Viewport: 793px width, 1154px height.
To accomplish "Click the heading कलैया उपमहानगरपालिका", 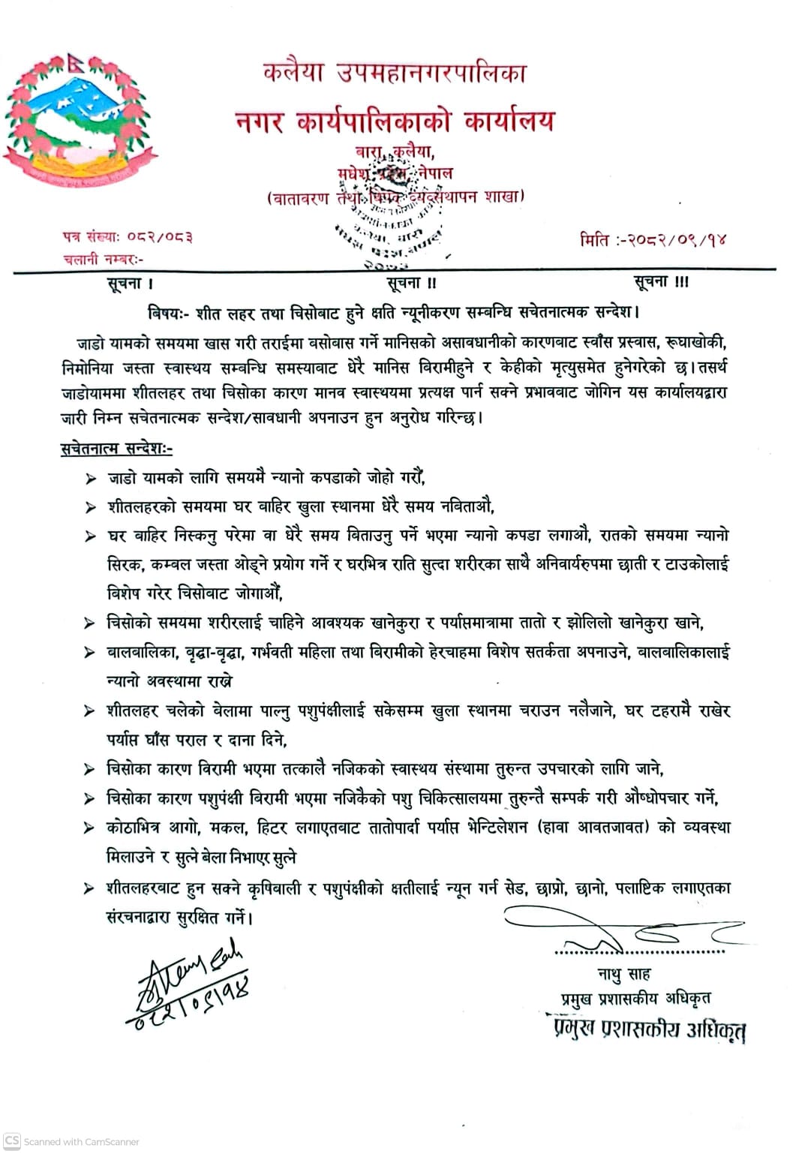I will pyautogui.click(x=395, y=72).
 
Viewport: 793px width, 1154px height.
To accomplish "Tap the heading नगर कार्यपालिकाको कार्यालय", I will pyautogui.click(x=395, y=120).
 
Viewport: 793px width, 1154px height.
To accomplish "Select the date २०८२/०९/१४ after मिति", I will pyautogui.click(x=676, y=240).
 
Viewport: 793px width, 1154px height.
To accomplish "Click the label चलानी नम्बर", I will pyautogui.click(x=103, y=259).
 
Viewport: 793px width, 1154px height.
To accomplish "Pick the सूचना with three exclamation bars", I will pyautogui.click(x=661, y=281).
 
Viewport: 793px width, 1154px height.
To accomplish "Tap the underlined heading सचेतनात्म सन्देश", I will pyautogui.click(x=116, y=449).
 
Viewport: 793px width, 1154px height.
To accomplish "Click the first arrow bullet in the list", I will pyautogui.click(x=91, y=478).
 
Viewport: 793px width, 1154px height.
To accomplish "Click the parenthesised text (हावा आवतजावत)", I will pyautogui.click(x=593, y=827).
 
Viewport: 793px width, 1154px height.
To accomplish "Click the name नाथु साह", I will pyautogui.click(x=624, y=975).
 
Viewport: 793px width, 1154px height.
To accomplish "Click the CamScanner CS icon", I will pyautogui.click(x=12, y=1140).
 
